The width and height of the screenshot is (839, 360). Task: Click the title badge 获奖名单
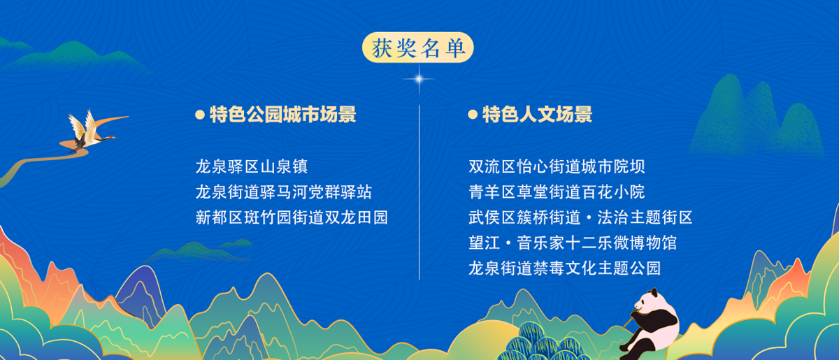point(417,48)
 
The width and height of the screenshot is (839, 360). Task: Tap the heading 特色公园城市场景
point(282,114)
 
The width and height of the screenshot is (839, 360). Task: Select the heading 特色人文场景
point(537,114)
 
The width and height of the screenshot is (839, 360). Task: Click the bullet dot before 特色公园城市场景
point(200,115)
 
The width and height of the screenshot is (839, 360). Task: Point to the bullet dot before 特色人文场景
point(473,115)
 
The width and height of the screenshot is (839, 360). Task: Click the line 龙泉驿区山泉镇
point(252,166)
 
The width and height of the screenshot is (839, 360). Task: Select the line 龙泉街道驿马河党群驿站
point(284,192)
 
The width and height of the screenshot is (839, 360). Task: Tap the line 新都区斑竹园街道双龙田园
point(292,217)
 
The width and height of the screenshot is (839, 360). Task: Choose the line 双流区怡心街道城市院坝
point(557,166)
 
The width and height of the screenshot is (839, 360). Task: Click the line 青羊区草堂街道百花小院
point(557,192)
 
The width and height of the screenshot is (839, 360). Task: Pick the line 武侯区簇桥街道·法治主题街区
point(580,217)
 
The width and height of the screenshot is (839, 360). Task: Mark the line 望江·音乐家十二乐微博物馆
point(573,243)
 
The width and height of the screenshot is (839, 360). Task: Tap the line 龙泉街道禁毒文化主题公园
point(565,268)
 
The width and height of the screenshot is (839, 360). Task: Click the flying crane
point(92,131)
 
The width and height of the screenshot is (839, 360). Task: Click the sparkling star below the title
point(419,79)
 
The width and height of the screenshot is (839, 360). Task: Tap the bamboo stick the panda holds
point(629,319)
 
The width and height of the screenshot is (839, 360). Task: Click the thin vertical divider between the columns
point(419,192)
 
